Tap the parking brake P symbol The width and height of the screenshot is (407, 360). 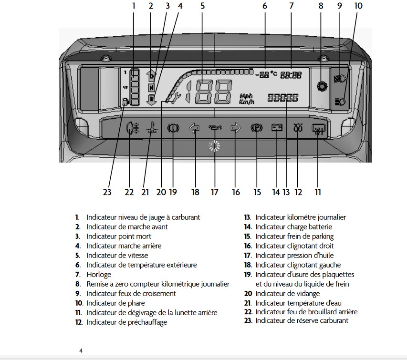[257, 129]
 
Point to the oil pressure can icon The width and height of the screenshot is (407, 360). [215, 128]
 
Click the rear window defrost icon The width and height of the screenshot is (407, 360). [317, 129]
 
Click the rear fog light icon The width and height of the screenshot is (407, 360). [132, 129]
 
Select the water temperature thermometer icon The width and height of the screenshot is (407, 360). [152, 129]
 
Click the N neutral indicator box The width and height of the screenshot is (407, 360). [151, 88]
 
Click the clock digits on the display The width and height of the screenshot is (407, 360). [291, 75]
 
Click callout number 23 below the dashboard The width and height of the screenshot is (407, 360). [107, 192]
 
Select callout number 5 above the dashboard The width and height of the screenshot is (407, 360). [203, 6]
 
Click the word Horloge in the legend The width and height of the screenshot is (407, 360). [99, 274]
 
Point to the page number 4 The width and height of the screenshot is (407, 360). [81, 350]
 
